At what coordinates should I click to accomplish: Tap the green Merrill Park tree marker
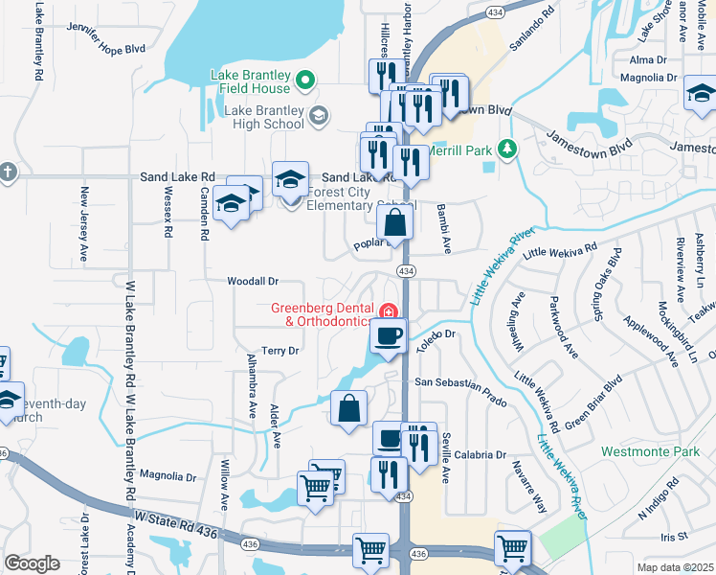pyautogui.click(x=508, y=149)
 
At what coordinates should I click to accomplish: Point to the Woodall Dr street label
pyautogui.click(x=253, y=282)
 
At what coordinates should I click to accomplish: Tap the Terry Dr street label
pyautogui.click(x=280, y=352)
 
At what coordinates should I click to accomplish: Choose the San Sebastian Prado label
pyautogui.click(x=459, y=383)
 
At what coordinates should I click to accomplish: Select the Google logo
pyautogui.click(x=32, y=563)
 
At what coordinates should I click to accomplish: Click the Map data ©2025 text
pyautogui.click(x=675, y=567)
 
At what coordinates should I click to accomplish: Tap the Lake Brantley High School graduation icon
pyautogui.click(x=319, y=116)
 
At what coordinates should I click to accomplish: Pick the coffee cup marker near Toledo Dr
pyautogui.click(x=388, y=336)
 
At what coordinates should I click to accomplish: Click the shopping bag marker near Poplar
pyautogui.click(x=394, y=225)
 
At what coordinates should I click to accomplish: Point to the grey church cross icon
pyautogui.click(x=7, y=172)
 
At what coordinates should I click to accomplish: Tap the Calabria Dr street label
pyautogui.click(x=481, y=455)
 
